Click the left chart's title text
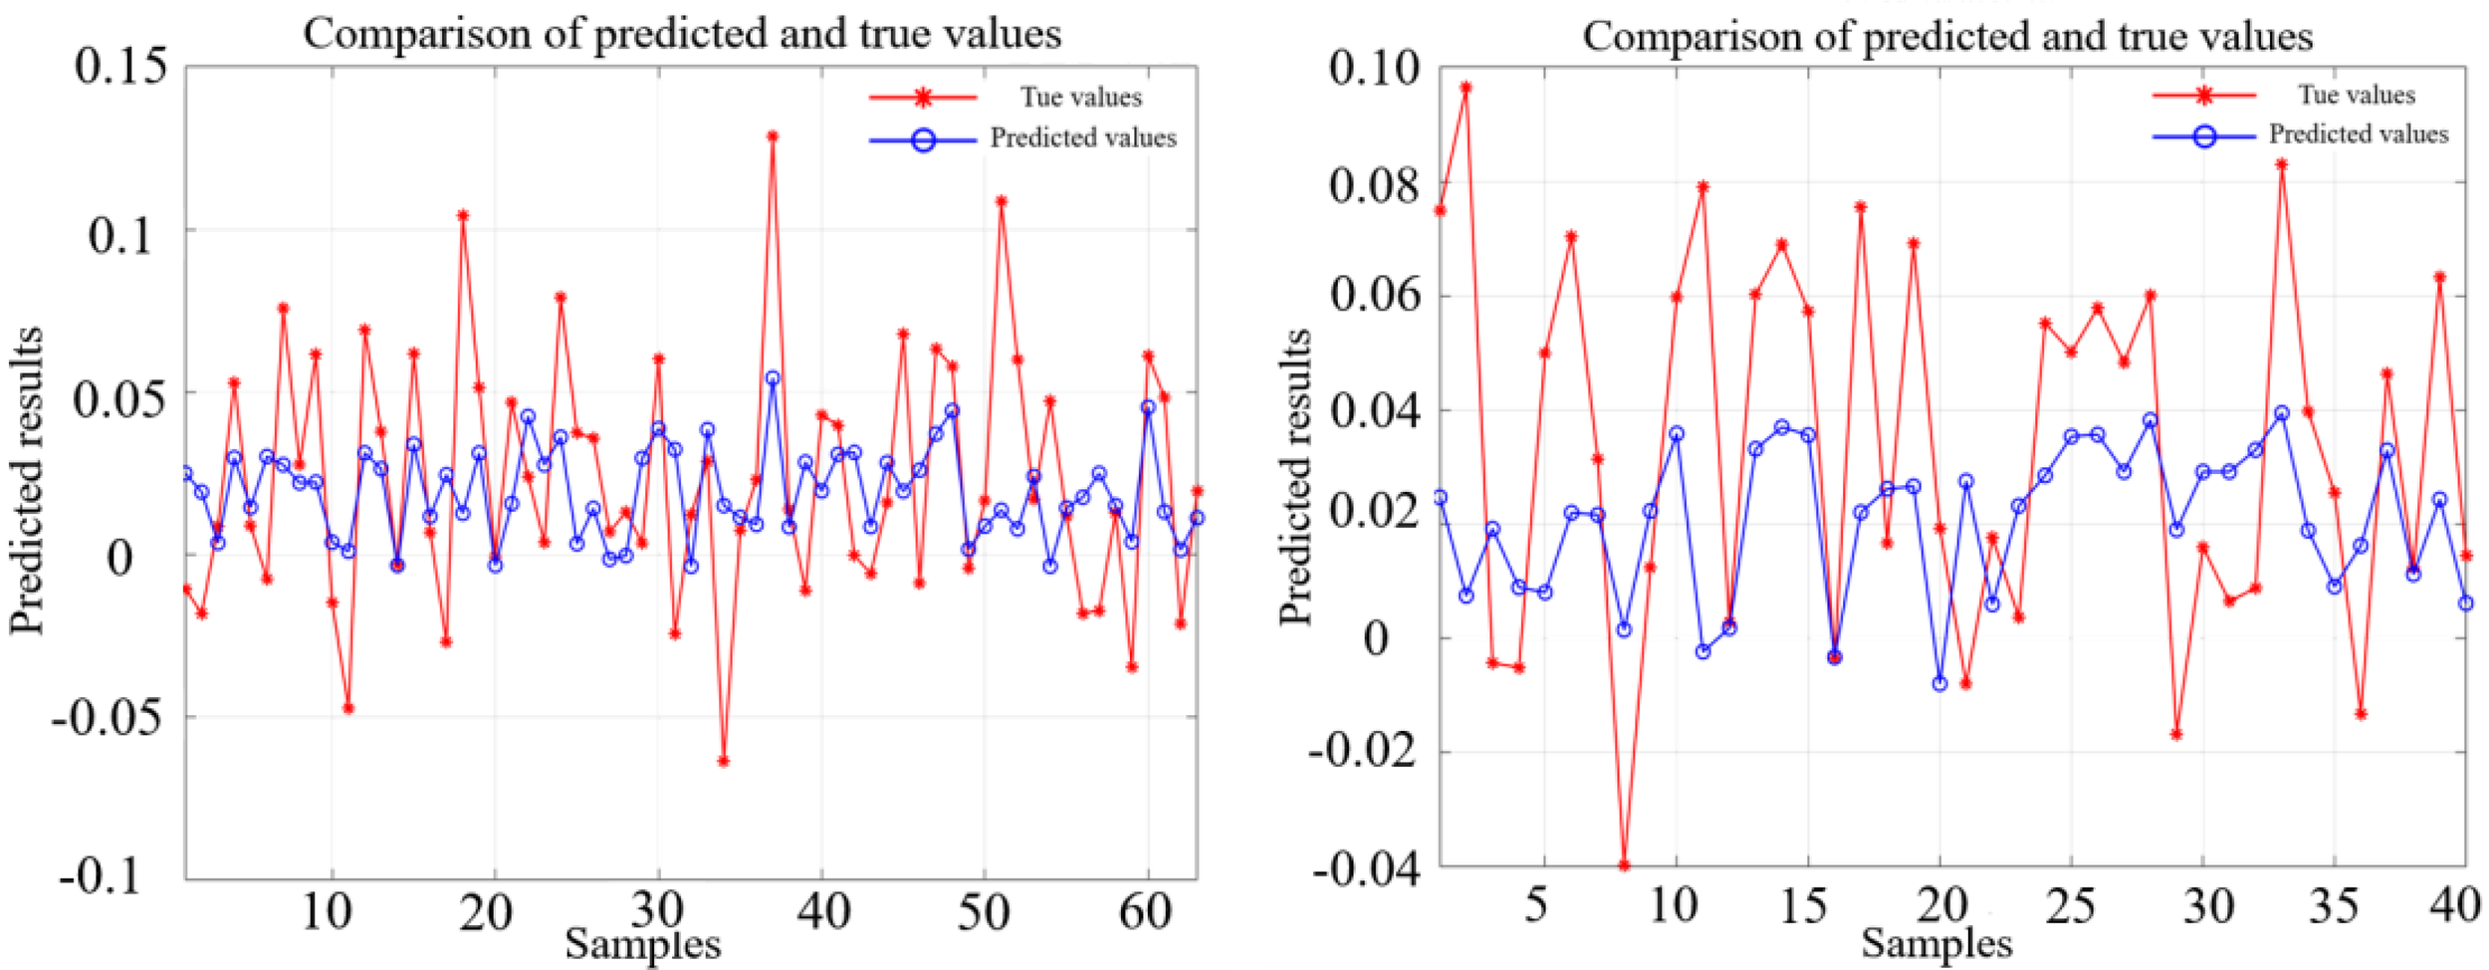(x=682, y=34)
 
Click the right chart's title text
(x=1946, y=37)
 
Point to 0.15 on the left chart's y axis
(x=120, y=67)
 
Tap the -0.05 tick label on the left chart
(x=107, y=717)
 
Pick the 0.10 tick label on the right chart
(x=1374, y=68)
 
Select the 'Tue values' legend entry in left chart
(x=1080, y=98)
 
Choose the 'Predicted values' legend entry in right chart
(x=2358, y=134)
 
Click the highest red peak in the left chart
(x=772, y=136)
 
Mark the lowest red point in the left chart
(x=723, y=761)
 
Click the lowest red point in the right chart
(x=1624, y=865)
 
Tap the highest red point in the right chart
(x=1466, y=88)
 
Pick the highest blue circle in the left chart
(x=773, y=378)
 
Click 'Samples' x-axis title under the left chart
(x=642, y=944)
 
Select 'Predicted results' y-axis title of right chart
(x=1295, y=478)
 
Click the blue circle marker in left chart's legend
(x=923, y=140)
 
